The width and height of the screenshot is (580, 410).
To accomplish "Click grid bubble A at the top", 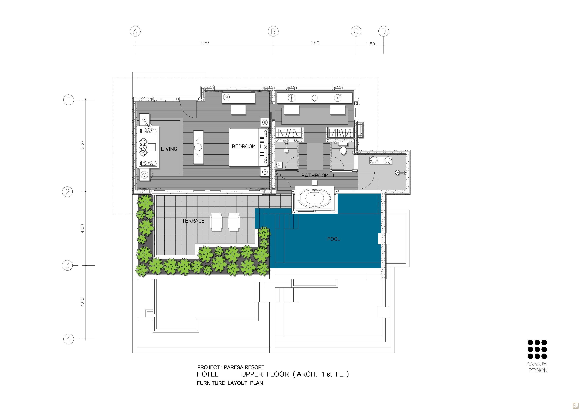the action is point(135,32).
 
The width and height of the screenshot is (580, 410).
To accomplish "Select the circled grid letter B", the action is point(273,32).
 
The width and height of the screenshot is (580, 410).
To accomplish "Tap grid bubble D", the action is point(384,32).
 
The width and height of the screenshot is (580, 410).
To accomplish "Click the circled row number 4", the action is point(69,339).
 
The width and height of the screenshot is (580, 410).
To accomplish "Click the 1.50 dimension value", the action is point(370,44).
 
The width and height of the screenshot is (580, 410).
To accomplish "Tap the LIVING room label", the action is point(169,149).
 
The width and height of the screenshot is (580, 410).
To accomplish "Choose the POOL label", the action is point(334,239).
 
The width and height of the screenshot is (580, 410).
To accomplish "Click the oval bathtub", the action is point(314,198).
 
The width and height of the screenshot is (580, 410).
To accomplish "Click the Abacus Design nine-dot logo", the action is point(537,349).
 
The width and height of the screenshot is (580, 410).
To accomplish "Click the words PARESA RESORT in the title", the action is point(244,367).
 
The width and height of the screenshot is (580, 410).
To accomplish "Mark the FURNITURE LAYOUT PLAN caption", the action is point(230,383).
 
